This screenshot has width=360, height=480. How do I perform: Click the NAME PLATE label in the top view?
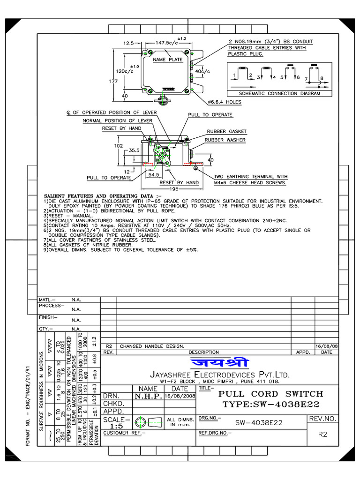click(x=168, y=60)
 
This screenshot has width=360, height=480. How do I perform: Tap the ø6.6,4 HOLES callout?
click(x=224, y=102)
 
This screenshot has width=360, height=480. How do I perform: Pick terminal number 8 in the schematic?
click(x=322, y=78)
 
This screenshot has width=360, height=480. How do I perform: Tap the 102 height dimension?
click(x=118, y=145)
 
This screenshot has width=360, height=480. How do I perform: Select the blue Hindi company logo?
click(x=220, y=363)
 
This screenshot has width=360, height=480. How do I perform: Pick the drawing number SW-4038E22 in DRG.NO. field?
click(x=259, y=422)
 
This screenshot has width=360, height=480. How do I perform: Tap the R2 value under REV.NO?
click(x=322, y=435)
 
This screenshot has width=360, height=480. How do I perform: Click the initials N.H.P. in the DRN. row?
click(x=149, y=396)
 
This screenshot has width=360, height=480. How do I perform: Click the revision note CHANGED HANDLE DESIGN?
click(x=151, y=346)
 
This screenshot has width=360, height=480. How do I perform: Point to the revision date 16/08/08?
click(x=327, y=346)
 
